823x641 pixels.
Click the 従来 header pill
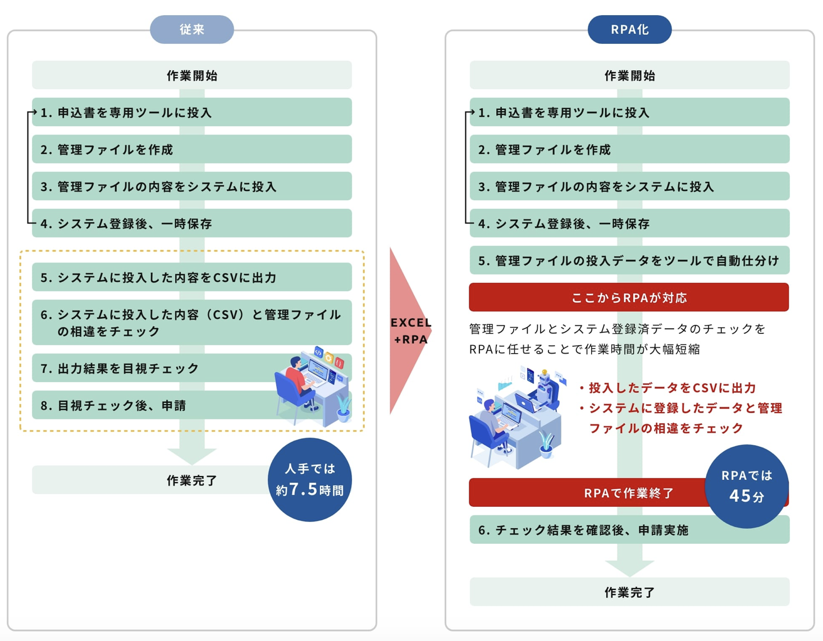[x=191, y=29]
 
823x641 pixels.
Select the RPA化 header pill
[x=629, y=29]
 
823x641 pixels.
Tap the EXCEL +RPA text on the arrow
[x=411, y=331]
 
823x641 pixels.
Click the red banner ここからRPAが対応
[x=629, y=297]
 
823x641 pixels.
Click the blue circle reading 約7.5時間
[x=309, y=480]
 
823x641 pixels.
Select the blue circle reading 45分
[x=746, y=486]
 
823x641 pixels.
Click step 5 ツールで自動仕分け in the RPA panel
[x=629, y=260]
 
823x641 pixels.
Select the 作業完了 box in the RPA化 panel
[x=629, y=592]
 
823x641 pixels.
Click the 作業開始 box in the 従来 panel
[x=191, y=75]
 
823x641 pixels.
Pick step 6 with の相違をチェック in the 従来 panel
[x=191, y=322]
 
